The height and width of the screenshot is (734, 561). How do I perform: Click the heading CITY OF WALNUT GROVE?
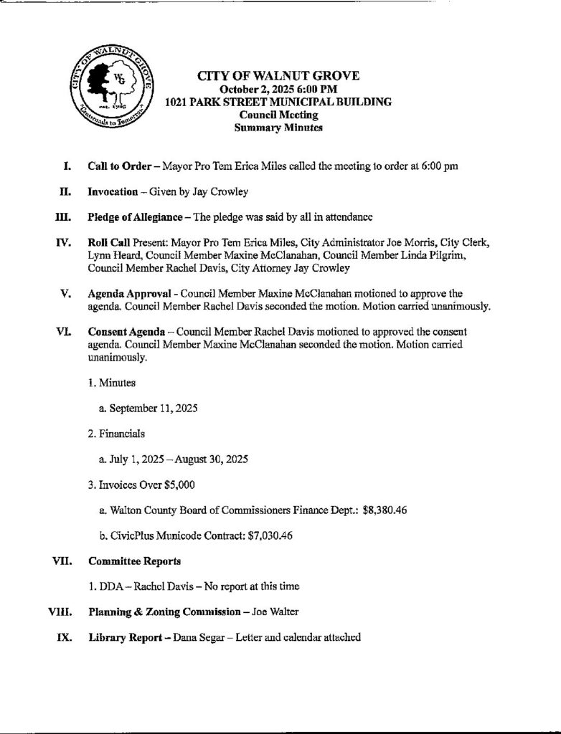(x=278, y=76)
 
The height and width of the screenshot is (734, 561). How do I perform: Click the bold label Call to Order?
(x=118, y=166)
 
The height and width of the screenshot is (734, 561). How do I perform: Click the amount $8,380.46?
(x=387, y=510)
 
